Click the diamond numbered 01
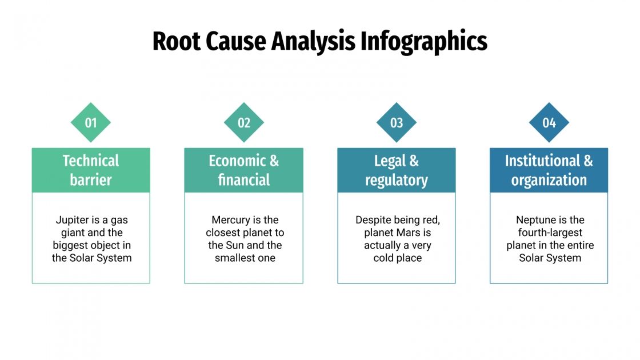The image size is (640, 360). [90, 122]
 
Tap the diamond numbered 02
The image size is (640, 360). [244, 122]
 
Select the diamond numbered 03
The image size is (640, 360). [397, 122]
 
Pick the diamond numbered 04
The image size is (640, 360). [549, 122]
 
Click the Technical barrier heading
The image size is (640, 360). [90, 170]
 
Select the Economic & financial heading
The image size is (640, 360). [244, 170]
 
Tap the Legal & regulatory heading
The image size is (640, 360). [397, 170]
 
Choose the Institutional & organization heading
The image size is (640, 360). [549, 170]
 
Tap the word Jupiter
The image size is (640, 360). [73, 219]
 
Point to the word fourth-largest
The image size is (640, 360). [550, 233]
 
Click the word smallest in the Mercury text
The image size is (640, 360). [234, 258]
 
